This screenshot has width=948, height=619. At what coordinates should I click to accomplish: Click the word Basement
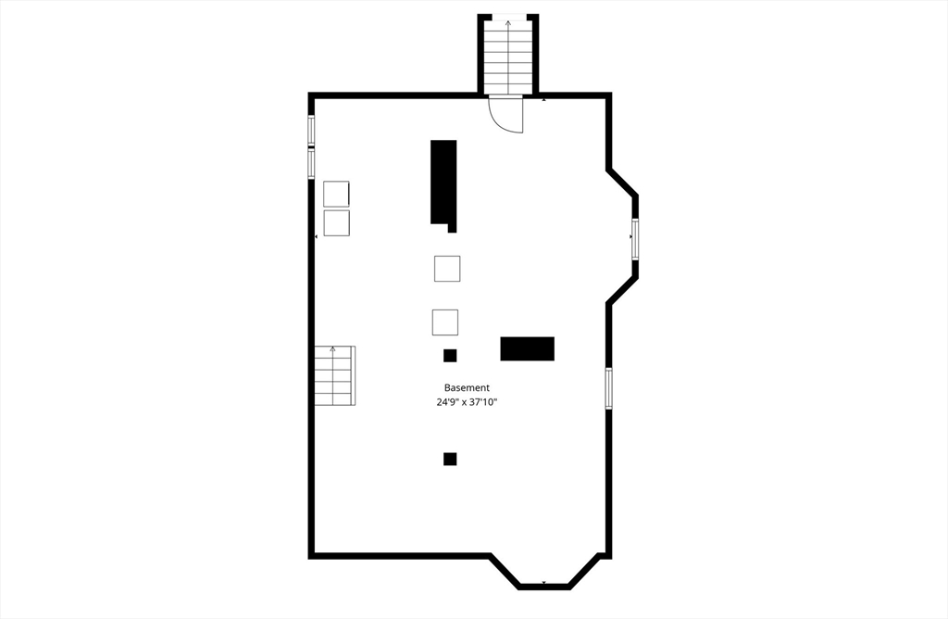pyautogui.click(x=467, y=387)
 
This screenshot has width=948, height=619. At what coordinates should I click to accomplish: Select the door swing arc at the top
pyautogui.click(x=508, y=115)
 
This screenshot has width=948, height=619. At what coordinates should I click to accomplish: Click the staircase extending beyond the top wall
pyautogui.click(x=507, y=56)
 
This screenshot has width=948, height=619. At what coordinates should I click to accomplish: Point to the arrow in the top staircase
pyautogui.click(x=507, y=24)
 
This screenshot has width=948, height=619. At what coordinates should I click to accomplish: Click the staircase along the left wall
pyautogui.click(x=334, y=375)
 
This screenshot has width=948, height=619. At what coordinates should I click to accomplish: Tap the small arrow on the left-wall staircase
pyautogui.click(x=331, y=350)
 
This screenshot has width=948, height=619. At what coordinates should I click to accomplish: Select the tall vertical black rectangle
pyautogui.click(x=443, y=183)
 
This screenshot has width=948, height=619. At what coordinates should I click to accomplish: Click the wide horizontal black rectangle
pyautogui.click(x=527, y=348)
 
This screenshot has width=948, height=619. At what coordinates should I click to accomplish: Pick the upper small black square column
pyautogui.click(x=450, y=355)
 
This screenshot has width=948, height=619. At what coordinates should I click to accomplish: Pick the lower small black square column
pyautogui.click(x=450, y=459)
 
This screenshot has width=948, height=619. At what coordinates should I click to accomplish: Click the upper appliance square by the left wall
pyautogui.click(x=336, y=194)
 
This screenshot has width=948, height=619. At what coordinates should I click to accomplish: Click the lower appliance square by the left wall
pyautogui.click(x=336, y=223)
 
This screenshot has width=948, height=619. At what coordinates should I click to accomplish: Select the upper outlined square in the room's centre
pyautogui.click(x=447, y=269)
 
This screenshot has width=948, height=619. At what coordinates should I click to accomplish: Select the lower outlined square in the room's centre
pyautogui.click(x=445, y=322)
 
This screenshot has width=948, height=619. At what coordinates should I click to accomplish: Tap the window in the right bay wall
pyautogui.click(x=635, y=239)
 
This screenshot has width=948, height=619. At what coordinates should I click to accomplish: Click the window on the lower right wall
pyautogui.click(x=608, y=388)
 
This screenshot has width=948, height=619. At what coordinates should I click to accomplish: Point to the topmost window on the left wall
pyautogui.click(x=311, y=130)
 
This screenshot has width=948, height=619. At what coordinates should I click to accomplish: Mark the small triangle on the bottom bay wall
pyautogui.click(x=543, y=583)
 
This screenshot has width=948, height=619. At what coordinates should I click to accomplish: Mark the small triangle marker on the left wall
pyautogui.click(x=317, y=237)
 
